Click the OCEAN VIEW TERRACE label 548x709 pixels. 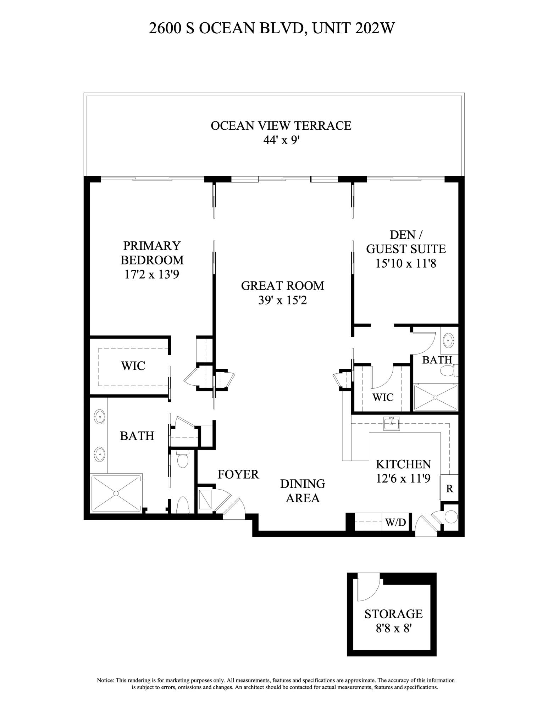(281, 125)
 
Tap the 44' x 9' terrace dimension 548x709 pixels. (282, 140)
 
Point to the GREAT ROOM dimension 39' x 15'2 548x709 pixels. (282, 300)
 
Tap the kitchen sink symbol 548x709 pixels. (391, 424)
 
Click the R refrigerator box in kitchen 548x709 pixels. (449, 489)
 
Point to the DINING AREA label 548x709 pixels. (303, 491)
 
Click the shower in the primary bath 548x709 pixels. (116, 493)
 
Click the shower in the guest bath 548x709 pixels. (436, 397)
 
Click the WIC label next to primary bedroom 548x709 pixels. (133, 365)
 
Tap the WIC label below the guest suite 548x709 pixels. (383, 397)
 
